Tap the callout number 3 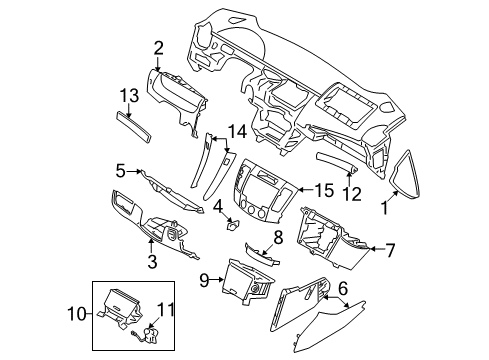[x=152, y=262]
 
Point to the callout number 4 [x=217, y=207]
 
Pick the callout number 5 [x=120, y=171]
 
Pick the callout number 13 [x=126, y=95]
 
